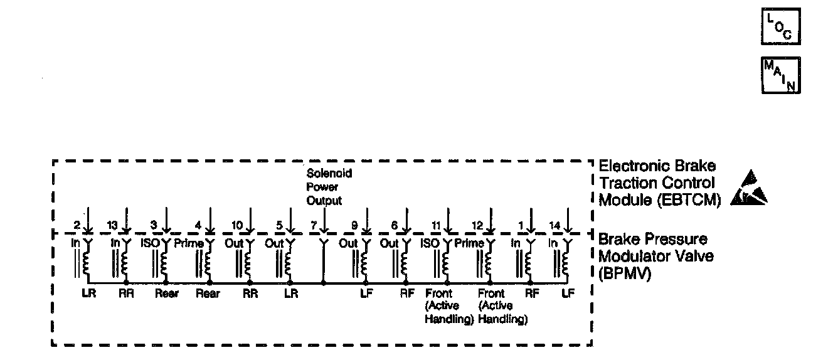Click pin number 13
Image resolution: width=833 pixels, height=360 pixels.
tap(112, 225)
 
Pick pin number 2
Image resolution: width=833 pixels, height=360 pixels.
tap(75, 225)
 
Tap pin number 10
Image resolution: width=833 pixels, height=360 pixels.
tap(236, 225)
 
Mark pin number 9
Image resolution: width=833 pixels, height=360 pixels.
tap(354, 225)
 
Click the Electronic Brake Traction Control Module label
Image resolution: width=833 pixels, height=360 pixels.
tap(657, 183)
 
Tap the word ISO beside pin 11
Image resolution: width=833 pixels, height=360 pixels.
tap(430, 243)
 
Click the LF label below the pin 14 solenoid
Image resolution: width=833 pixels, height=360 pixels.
tap(568, 293)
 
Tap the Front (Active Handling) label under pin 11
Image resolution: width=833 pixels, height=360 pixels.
tap(448, 306)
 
